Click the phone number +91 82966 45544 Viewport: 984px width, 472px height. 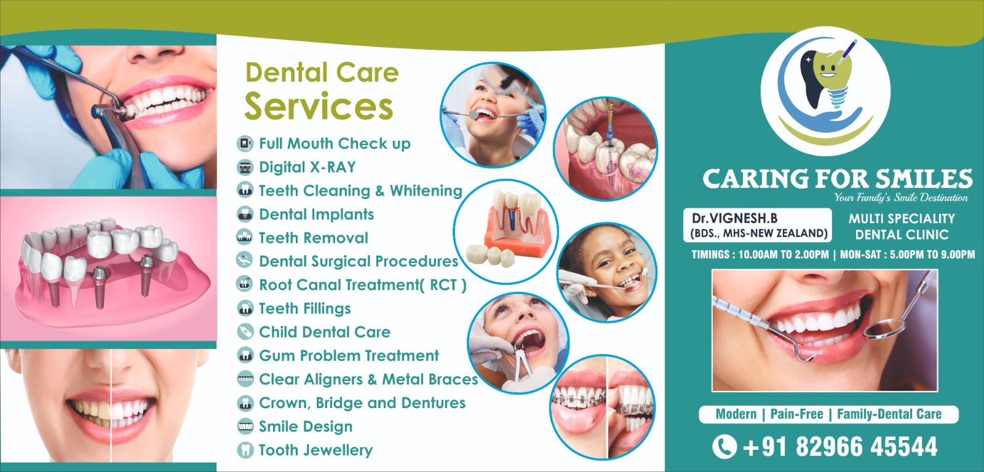[840, 447]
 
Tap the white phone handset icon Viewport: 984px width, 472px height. [724, 447]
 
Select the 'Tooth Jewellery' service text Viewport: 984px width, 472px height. [315, 450]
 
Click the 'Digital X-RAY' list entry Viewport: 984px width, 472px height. [307, 167]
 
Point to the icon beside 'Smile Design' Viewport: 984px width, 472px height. [245, 427]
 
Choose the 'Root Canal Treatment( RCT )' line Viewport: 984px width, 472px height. [363, 285]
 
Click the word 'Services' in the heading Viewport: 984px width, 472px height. [319, 106]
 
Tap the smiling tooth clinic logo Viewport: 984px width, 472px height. [825, 92]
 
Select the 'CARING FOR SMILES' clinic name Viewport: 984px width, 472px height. [837, 179]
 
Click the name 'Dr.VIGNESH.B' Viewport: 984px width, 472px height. [734, 218]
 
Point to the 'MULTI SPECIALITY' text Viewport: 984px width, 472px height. [902, 219]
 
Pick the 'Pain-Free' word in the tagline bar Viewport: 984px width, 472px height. [796, 414]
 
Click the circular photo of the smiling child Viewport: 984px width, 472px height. [607, 272]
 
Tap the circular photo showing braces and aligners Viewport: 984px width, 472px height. [603, 407]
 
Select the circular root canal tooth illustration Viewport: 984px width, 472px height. [606, 149]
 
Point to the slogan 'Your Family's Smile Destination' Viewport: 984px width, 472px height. [900, 197]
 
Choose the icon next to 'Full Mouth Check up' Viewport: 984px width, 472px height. [245, 144]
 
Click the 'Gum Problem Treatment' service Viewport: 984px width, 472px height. [349, 356]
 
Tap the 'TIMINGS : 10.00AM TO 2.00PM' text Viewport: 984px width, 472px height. [760, 254]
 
